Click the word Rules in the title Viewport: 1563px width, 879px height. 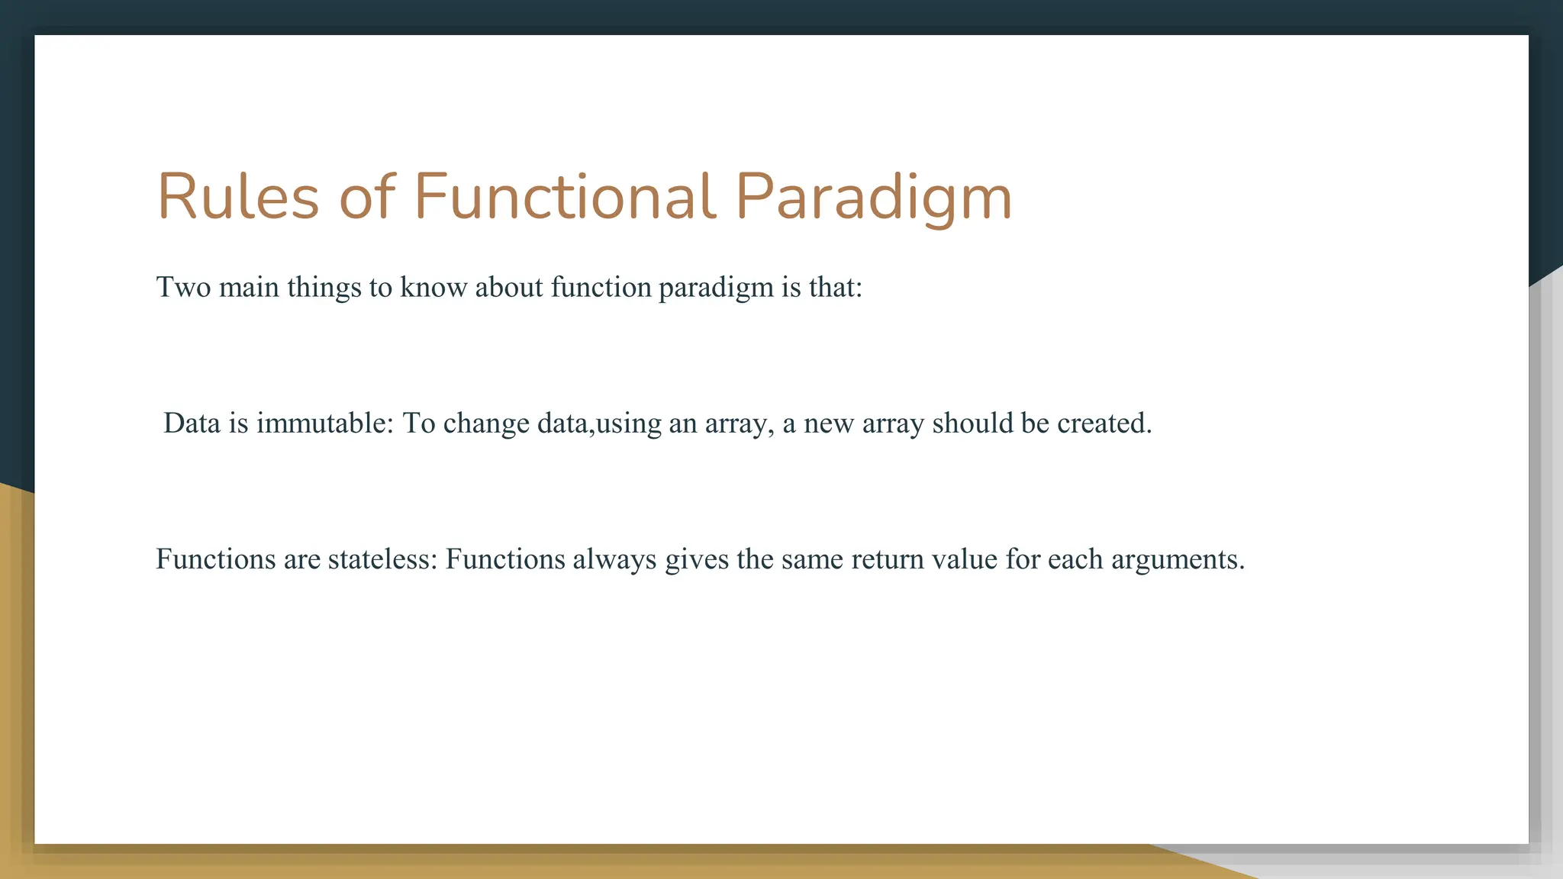coord(237,197)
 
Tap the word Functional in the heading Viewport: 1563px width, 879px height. coord(565,197)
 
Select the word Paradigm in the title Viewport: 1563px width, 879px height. coord(873,197)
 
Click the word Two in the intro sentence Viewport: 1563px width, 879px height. coord(183,288)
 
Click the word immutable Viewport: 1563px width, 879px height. coord(324,423)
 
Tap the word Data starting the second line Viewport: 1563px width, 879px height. coord(192,423)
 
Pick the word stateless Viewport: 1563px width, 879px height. coord(382,559)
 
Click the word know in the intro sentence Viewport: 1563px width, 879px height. coord(433,288)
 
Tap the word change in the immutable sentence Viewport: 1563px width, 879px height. coord(485,423)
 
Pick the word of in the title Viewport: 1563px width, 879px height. coord(366,197)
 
